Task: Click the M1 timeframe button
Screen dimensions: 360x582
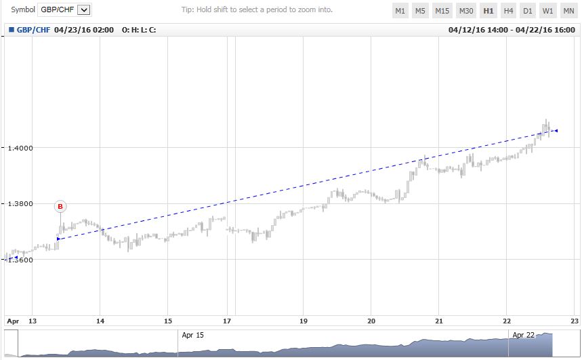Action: coord(400,11)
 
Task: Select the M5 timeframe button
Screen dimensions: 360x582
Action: coord(421,11)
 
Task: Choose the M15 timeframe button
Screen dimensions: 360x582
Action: coord(442,11)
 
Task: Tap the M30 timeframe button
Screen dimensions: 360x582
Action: coord(466,11)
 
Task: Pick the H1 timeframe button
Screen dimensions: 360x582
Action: coord(488,11)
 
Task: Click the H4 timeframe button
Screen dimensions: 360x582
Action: coord(508,11)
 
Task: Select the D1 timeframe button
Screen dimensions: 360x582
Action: coord(528,11)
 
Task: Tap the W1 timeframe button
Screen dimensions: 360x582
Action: coord(548,11)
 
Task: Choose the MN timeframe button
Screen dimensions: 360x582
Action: coord(568,11)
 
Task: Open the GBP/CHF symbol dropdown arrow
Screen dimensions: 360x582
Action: coord(84,10)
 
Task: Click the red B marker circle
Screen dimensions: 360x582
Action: coord(60,206)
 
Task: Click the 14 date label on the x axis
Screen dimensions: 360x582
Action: coord(100,321)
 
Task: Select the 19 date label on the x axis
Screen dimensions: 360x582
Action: coord(304,321)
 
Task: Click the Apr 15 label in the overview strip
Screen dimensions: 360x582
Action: coord(192,335)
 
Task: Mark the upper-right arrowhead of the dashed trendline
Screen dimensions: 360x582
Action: coord(556,130)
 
